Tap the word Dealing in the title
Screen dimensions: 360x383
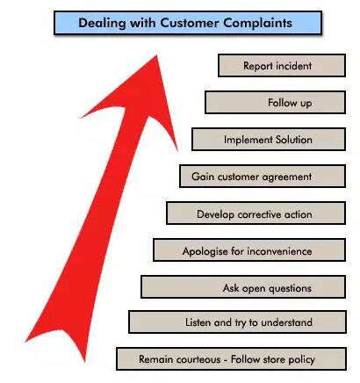coord(102,23)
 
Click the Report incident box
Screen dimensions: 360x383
coord(282,66)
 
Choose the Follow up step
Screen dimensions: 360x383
coord(275,103)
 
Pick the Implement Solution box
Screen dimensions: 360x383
coord(269,140)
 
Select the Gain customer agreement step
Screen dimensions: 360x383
coord(263,177)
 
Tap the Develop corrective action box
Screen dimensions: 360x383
coord(256,213)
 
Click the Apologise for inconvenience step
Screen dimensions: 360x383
coord(249,250)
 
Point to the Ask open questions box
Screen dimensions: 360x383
coord(243,287)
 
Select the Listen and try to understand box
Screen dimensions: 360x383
coord(237,322)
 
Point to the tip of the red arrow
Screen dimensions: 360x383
coord(157,55)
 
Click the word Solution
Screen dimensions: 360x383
coord(294,140)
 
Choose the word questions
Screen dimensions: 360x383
coord(290,288)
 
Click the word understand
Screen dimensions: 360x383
coord(286,322)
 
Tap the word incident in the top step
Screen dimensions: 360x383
coord(294,66)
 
